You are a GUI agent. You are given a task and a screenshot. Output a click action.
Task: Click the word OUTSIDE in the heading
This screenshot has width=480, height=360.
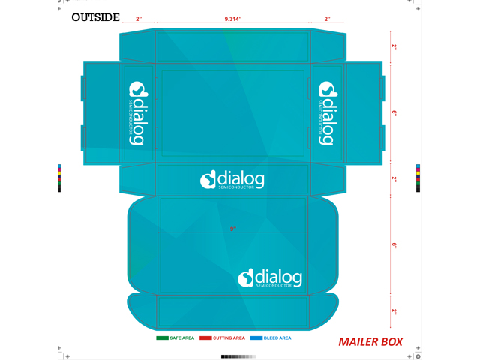pyautogui.click(x=95, y=17)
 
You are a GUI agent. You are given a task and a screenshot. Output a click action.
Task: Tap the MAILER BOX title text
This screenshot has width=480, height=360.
pyautogui.click(x=370, y=342)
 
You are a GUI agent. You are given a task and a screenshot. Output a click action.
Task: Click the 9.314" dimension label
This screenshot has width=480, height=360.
pyautogui.click(x=233, y=18)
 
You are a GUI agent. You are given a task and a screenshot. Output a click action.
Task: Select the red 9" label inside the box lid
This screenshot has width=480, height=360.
pyautogui.click(x=233, y=229)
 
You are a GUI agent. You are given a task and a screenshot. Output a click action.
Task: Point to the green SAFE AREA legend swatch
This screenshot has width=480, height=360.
pyautogui.click(x=162, y=338)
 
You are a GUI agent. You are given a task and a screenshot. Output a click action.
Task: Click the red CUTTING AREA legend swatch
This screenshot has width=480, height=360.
pyautogui.click(x=205, y=338)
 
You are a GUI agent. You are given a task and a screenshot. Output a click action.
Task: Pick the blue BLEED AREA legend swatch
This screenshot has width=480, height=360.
pyautogui.click(x=256, y=338)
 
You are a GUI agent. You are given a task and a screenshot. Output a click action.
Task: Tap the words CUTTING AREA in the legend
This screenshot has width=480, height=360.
pyautogui.click(x=229, y=338)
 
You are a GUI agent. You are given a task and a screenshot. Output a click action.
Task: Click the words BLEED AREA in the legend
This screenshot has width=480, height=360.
pyautogui.click(x=277, y=338)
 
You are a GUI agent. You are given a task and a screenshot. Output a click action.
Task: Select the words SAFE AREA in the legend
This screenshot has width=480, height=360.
pyautogui.click(x=182, y=338)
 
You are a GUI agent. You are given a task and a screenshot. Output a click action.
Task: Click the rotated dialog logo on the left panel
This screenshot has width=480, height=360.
pyautogui.click(x=139, y=113)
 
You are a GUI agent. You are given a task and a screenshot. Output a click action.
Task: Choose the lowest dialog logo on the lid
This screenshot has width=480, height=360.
pyautogui.click(x=270, y=277)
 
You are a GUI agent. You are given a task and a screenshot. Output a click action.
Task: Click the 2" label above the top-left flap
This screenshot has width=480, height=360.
pyautogui.click(x=139, y=18)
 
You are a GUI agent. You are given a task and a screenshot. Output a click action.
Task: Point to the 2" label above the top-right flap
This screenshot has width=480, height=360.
pyautogui.click(x=328, y=18)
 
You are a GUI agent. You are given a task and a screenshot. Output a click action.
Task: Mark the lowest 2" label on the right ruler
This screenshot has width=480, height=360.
pyautogui.click(x=394, y=311)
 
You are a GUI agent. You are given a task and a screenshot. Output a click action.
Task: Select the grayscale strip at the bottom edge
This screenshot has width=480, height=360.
pyautogui.click(x=233, y=356)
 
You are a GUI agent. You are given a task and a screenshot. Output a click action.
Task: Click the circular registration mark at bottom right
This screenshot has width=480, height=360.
pyautogui.click(x=419, y=355)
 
